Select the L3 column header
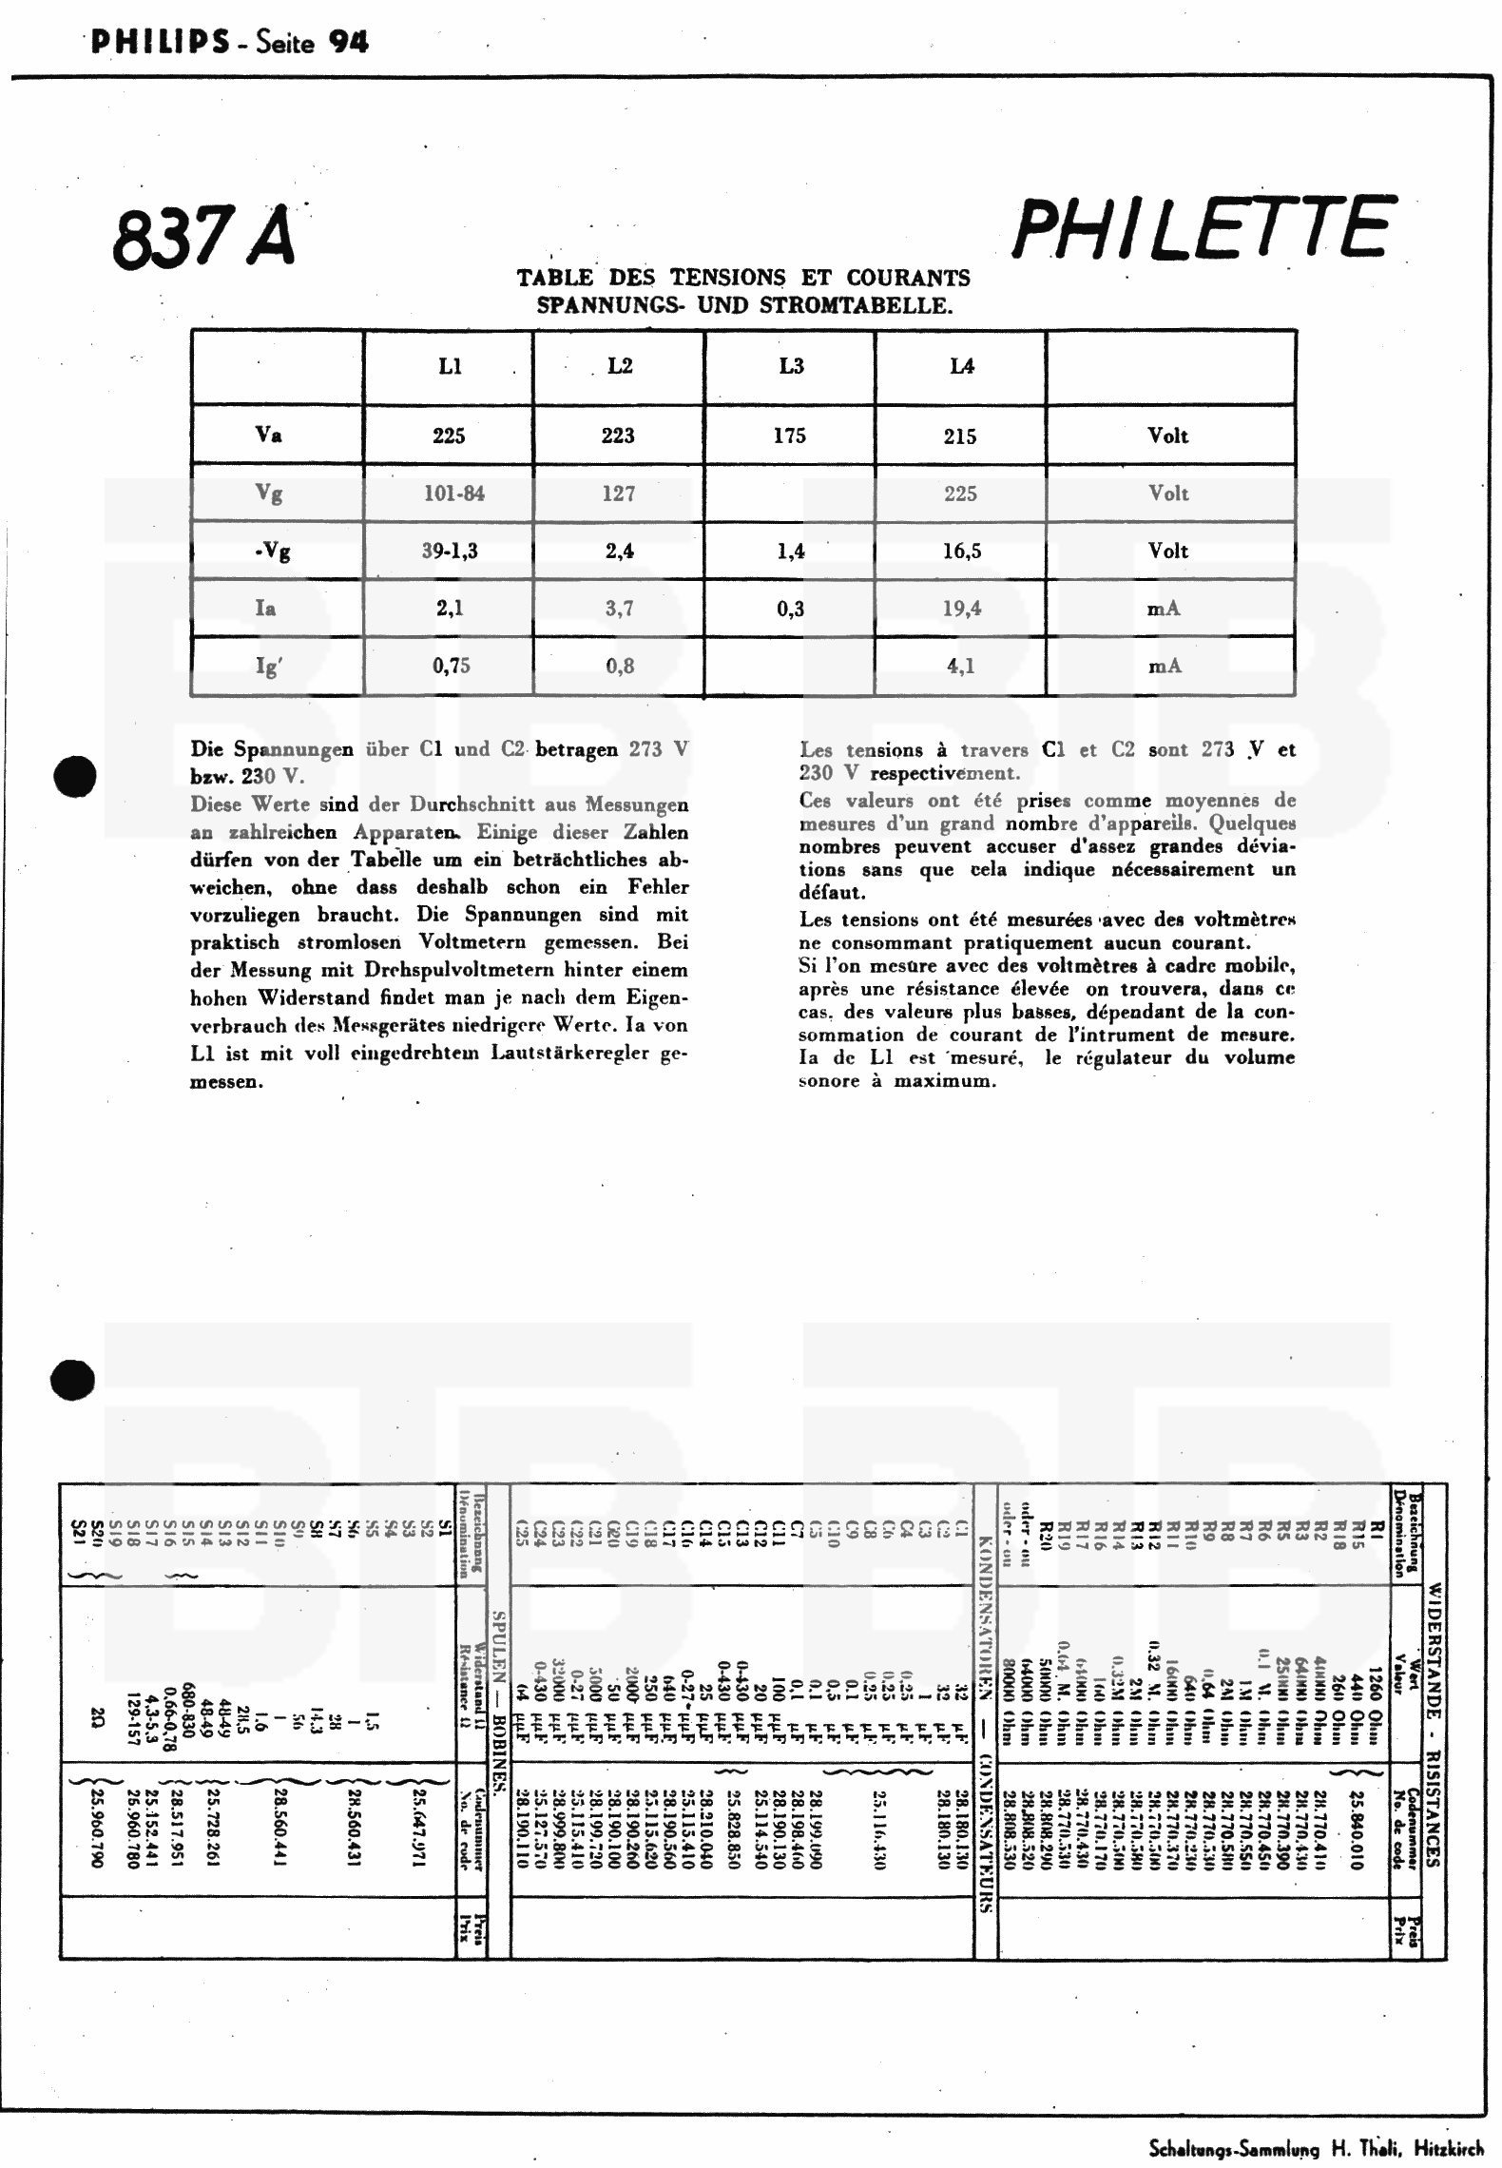pyautogui.click(x=791, y=367)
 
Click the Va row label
pyautogui.click(x=269, y=436)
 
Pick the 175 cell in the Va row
pyautogui.click(x=789, y=436)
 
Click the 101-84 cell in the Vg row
pyautogui.click(x=453, y=494)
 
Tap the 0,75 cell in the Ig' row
pyautogui.click(x=451, y=667)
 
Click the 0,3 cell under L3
pyautogui.click(x=790, y=610)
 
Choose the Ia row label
pyautogui.click(x=266, y=609)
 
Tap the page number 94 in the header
pyautogui.click(x=348, y=43)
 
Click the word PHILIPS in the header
pyautogui.click(x=160, y=43)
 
